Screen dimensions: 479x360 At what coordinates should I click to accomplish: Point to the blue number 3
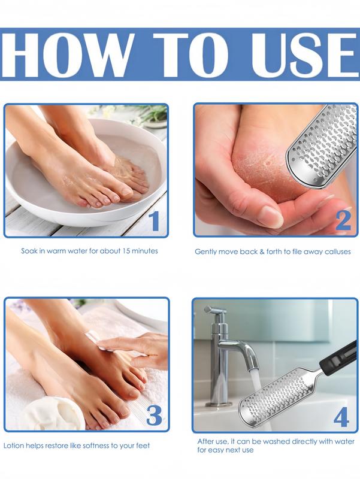[154, 415]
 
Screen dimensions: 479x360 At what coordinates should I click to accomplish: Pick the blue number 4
[341, 417]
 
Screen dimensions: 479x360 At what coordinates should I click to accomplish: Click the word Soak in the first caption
[30, 251]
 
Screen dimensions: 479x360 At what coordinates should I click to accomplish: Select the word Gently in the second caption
[207, 251]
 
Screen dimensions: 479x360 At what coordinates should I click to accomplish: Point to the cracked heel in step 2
[255, 171]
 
